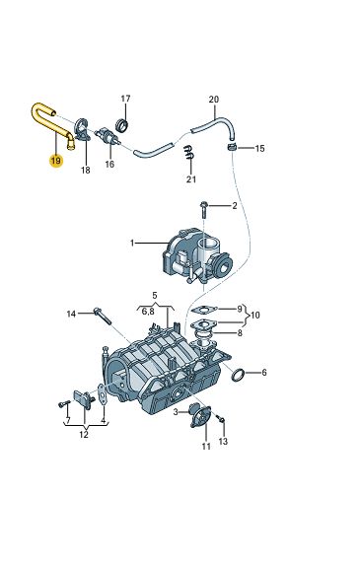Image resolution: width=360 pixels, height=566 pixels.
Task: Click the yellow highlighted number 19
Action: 56,161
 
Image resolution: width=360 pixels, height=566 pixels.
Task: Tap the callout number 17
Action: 125,99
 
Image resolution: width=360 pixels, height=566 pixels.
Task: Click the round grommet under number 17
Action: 121,125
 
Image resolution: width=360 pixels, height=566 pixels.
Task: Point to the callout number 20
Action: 214,100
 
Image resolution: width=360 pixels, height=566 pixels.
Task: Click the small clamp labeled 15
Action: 232,147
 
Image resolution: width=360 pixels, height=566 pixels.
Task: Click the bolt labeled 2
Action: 203,209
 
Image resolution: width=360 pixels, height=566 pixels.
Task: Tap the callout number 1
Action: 132,244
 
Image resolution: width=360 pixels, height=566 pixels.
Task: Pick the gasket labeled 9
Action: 204,310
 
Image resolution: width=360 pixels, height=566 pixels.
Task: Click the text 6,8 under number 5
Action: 148,312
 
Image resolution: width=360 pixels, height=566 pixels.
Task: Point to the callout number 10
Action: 255,316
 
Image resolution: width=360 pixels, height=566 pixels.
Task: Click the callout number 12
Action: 84,434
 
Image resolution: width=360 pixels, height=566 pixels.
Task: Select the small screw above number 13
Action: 221,418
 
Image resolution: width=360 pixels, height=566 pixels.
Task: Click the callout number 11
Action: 206,447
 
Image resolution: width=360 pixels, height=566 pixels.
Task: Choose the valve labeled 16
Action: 107,137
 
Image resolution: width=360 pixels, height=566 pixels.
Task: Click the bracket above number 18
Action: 82,130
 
